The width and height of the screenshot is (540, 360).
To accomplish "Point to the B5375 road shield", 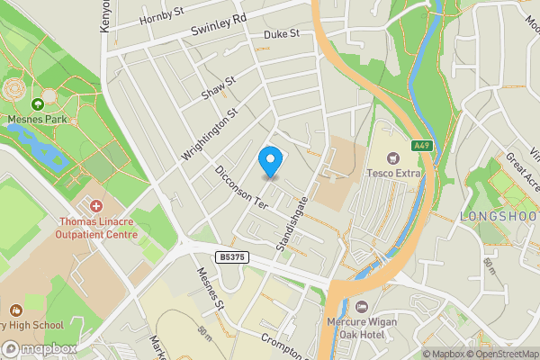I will (231, 257).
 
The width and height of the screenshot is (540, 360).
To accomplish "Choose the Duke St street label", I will (281, 34).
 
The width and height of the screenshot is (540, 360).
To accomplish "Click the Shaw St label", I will (219, 87).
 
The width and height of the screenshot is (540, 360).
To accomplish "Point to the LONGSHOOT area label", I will (498, 216).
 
